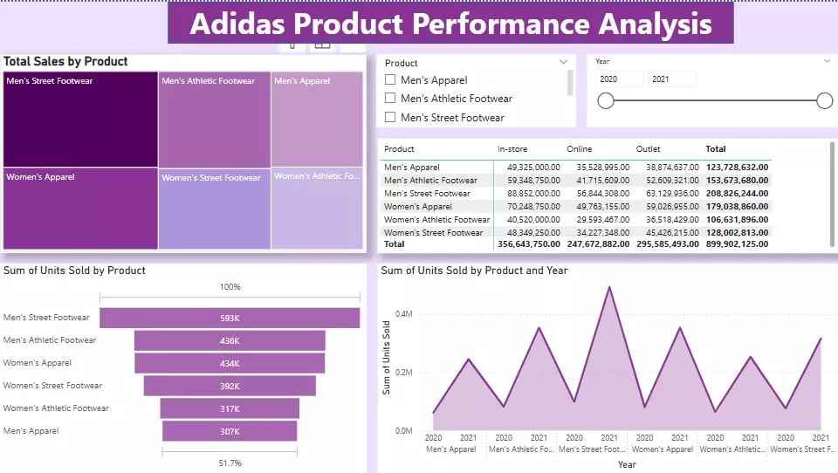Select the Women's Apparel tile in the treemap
pyautogui.click(x=80, y=209)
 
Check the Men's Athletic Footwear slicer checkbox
pyautogui.click(x=391, y=99)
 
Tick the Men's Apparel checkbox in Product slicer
pyautogui.click(x=391, y=80)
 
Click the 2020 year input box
pyautogui.click(x=619, y=79)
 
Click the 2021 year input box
pyautogui.click(x=671, y=79)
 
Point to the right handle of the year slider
pyautogui.click(x=824, y=101)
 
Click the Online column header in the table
pyautogui.click(x=579, y=149)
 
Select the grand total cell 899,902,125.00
pyautogui.click(x=737, y=245)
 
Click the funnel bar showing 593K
pyautogui.click(x=230, y=319)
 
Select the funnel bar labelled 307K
pyautogui.click(x=230, y=431)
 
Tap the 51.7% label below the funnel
pyautogui.click(x=230, y=463)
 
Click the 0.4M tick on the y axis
pyautogui.click(x=403, y=313)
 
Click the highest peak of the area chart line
pyautogui.click(x=608, y=287)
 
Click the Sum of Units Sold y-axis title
pyautogui.click(x=386, y=357)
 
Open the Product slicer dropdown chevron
pyautogui.click(x=564, y=63)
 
